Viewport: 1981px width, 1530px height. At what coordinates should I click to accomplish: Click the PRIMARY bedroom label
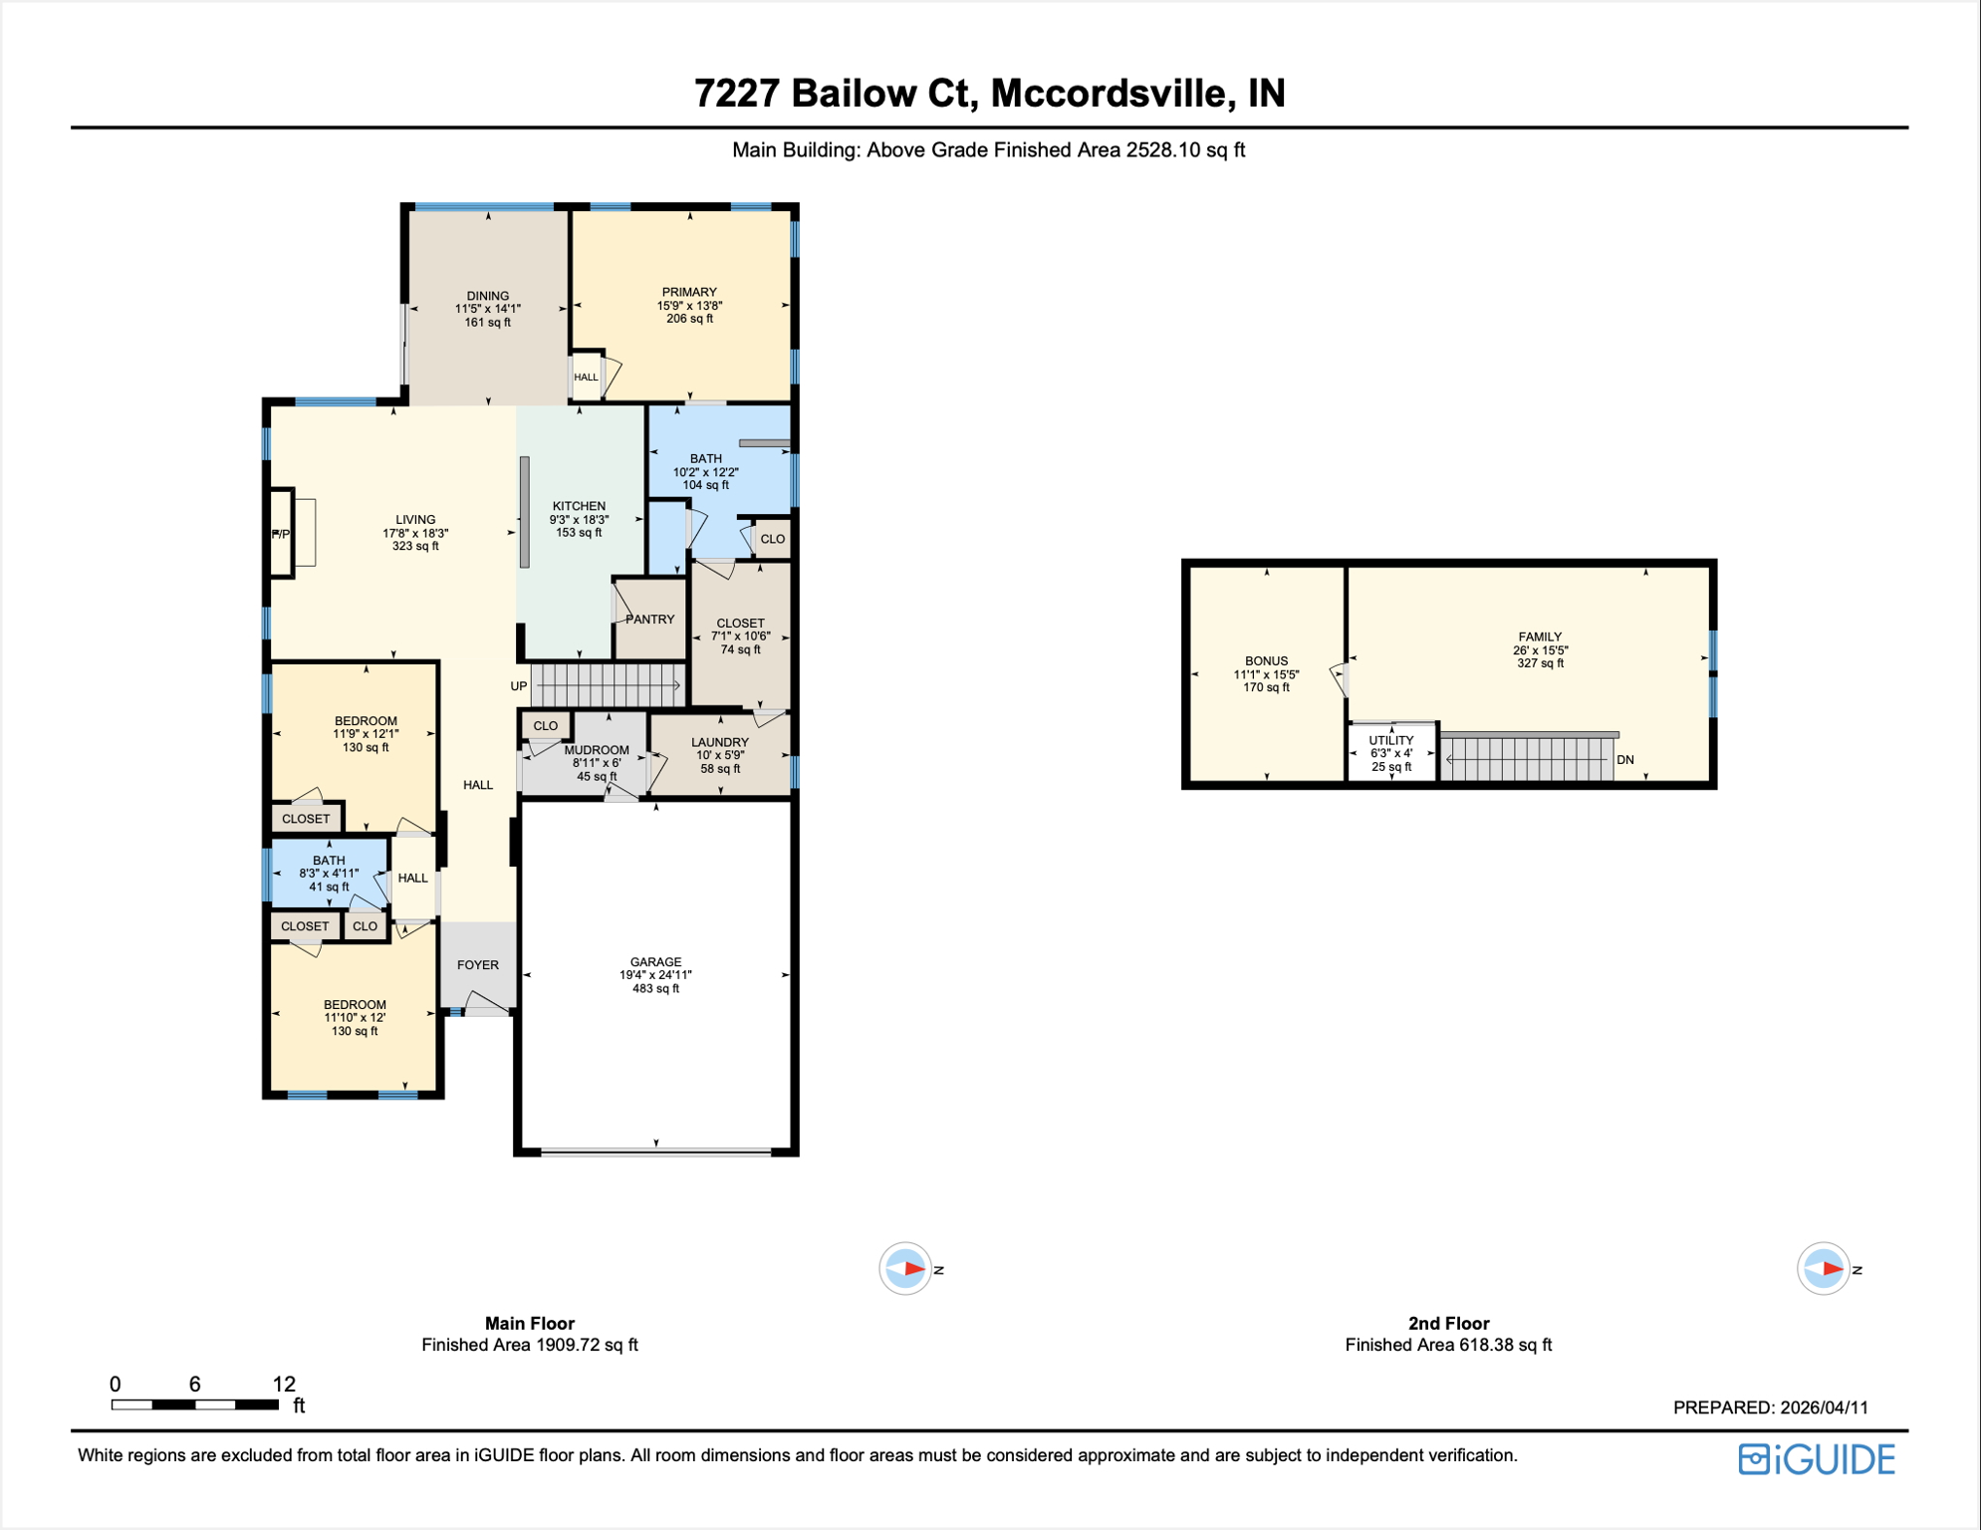pyautogui.click(x=688, y=293)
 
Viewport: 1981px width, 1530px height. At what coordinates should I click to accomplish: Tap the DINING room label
pyautogui.click(x=487, y=296)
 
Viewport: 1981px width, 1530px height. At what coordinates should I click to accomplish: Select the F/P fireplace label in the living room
pyautogui.click(x=281, y=535)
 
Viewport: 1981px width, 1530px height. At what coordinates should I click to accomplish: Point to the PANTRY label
pyautogui.click(x=650, y=620)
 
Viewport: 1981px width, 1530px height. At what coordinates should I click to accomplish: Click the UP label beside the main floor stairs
pyautogui.click(x=518, y=686)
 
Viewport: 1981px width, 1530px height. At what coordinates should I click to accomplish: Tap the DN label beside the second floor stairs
pyautogui.click(x=1624, y=760)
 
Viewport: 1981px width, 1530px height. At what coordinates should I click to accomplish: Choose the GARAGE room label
pyautogui.click(x=655, y=962)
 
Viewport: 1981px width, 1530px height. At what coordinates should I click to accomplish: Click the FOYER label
pyautogui.click(x=478, y=965)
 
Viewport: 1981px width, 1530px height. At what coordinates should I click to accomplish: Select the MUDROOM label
pyautogui.click(x=597, y=750)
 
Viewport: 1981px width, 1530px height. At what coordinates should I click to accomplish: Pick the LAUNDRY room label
pyautogui.click(x=719, y=742)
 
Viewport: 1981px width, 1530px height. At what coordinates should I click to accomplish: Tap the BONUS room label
pyautogui.click(x=1266, y=661)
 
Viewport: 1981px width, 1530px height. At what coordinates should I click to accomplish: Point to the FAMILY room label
pyautogui.click(x=1540, y=637)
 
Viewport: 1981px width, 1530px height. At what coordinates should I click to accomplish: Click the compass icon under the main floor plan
pyautogui.click(x=905, y=1269)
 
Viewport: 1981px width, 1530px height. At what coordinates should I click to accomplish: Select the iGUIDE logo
pyautogui.click(x=1817, y=1459)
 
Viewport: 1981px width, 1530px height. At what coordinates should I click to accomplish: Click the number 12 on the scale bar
pyautogui.click(x=284, y=1384)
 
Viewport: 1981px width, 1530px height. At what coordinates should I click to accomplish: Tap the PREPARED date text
pyautogui.click(x=1770, y=1407)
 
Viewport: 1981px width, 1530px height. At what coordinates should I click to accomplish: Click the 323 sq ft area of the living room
pyautogui.click(x=415, y=546)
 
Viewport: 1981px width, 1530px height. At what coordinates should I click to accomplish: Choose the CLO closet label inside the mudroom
pyautogui.click(x=545, y=726)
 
